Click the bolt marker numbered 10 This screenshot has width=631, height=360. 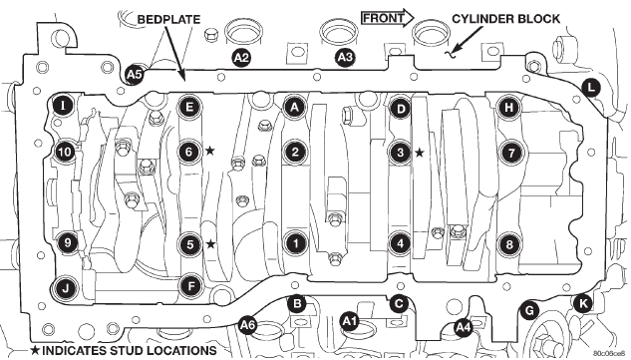(65, 153)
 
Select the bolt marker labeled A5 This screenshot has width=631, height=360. (134, 75)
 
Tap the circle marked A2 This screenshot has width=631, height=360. (241, 58)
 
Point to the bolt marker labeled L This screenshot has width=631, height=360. (590, 88)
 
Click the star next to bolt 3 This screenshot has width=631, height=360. (420, 153)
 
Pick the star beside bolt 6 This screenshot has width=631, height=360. (209, 151)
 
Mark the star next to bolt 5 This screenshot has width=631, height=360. (210, 243)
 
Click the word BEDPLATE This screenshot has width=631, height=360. (169, 19)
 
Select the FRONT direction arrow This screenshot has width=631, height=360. (388, 18)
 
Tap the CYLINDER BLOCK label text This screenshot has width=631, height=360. (505, 19)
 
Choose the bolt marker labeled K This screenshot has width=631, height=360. (582, 304)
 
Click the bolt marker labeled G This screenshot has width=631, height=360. (529, 310)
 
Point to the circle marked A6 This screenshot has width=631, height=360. (247, 324)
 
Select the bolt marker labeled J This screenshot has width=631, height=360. (65, 287)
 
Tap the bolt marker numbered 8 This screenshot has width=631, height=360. (509, 244)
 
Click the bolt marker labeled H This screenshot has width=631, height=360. (509, 108)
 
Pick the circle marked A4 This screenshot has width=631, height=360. (463, 328)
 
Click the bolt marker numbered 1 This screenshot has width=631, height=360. (296, 243)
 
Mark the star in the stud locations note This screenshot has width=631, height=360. (36, 350)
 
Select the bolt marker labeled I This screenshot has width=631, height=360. (63, 107)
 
